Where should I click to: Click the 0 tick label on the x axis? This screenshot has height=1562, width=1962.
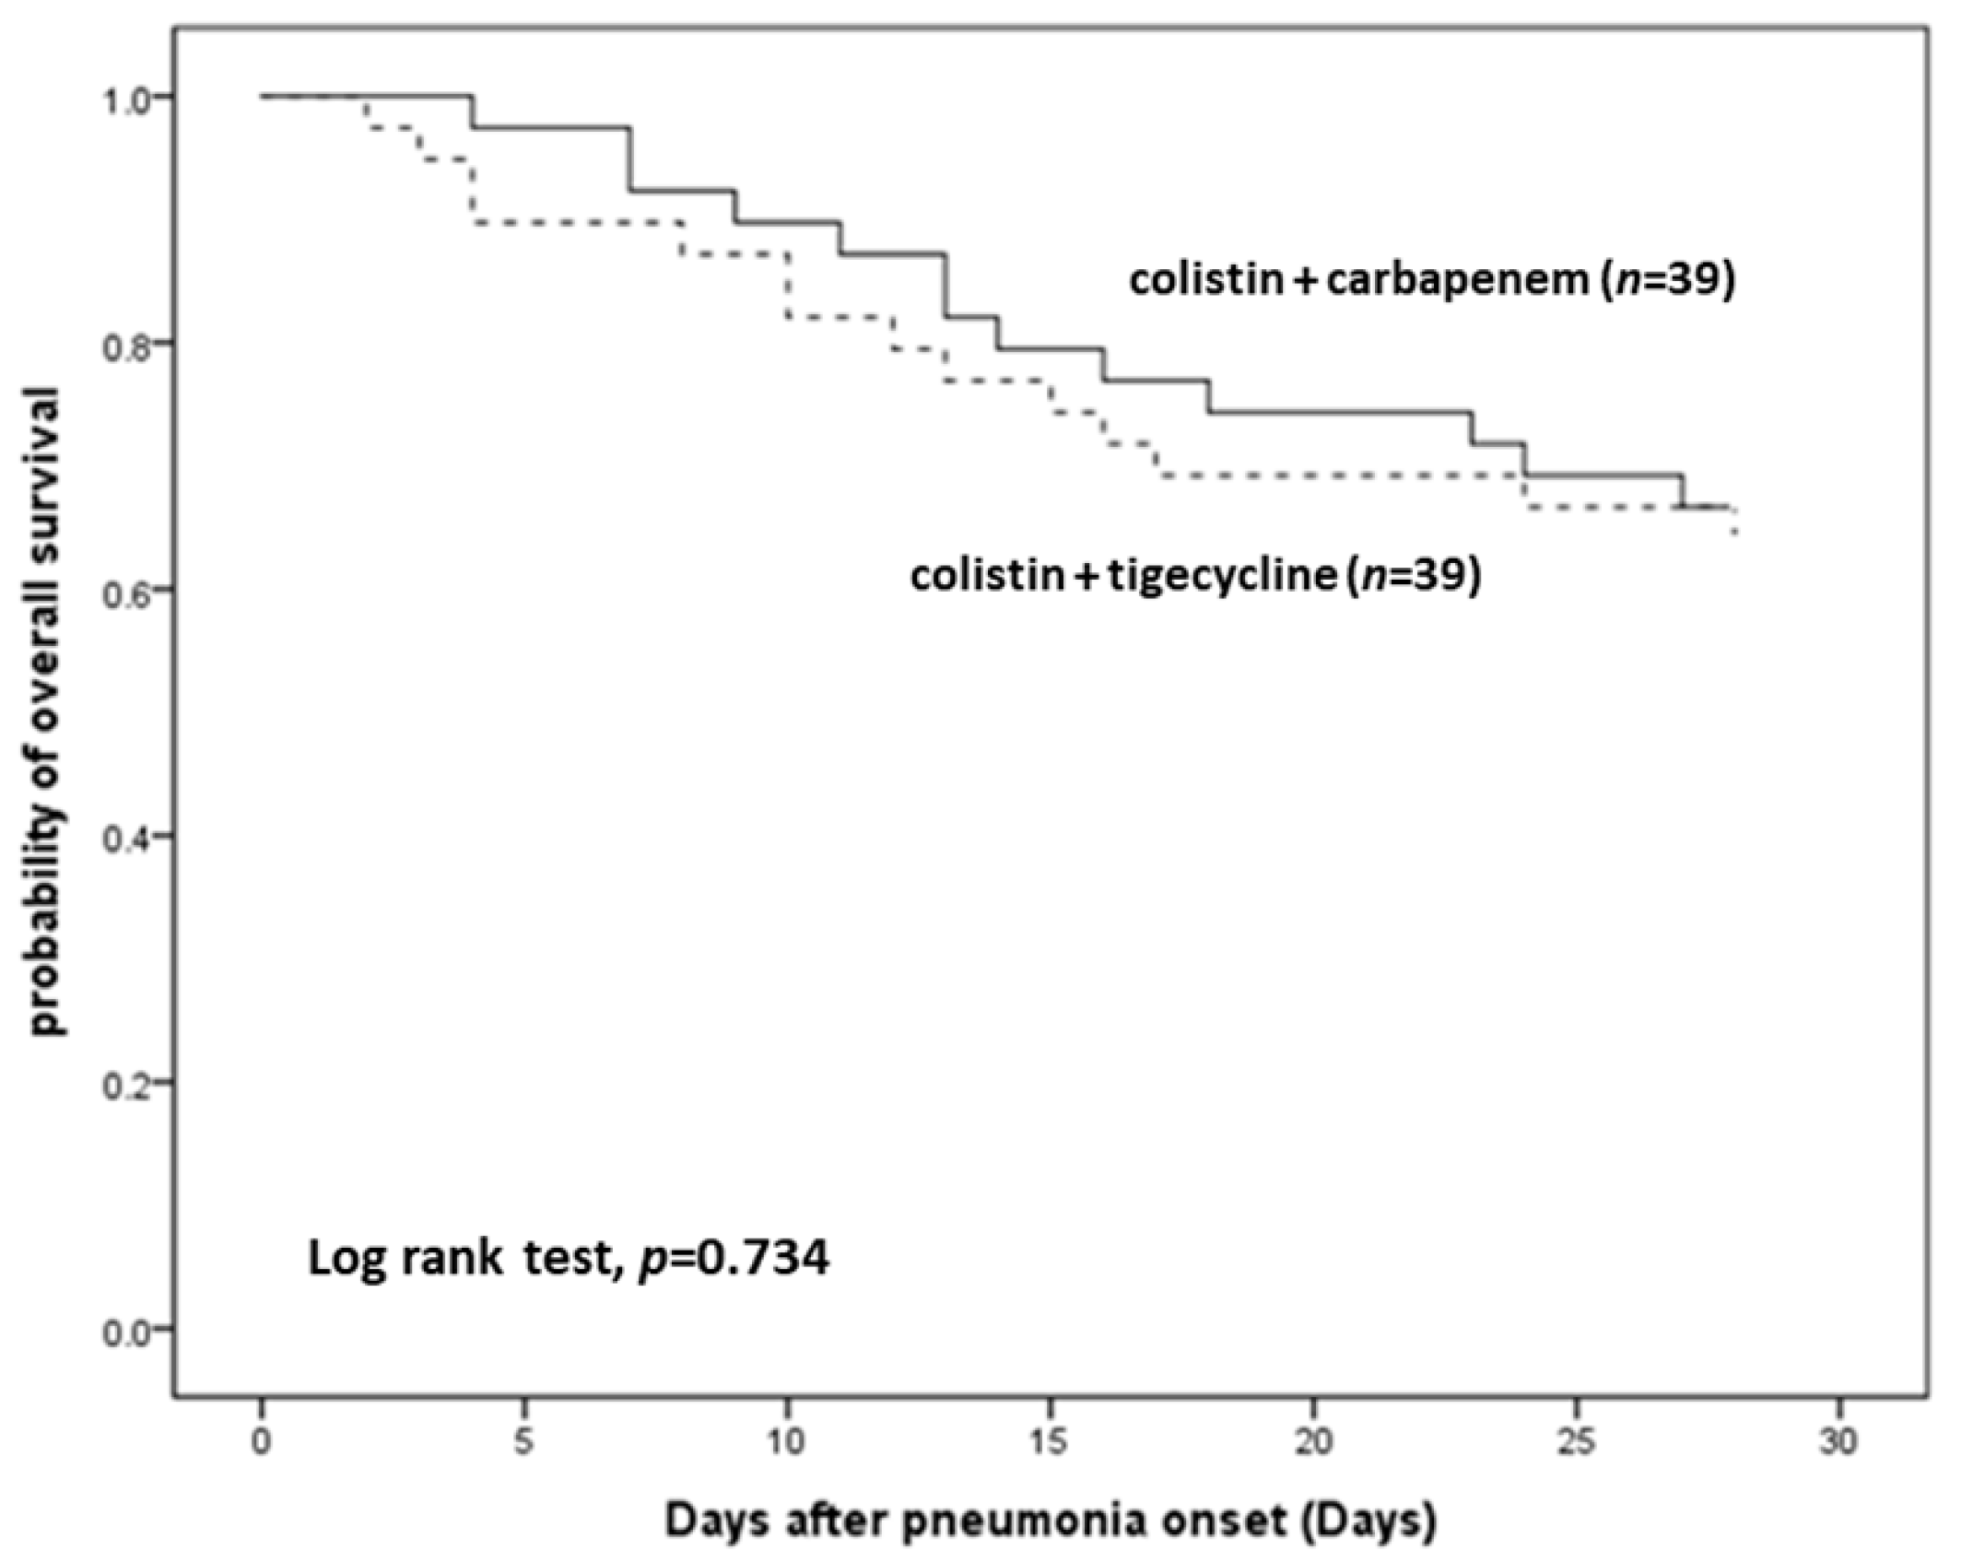(262, 1441)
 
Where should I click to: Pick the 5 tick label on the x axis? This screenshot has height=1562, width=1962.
(524, 1441)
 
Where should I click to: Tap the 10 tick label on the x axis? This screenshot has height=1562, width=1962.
(787, 1441)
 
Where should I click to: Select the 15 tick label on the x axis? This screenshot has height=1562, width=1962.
(1050, 1441)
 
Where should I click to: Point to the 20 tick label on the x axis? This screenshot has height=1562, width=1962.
(1313, 1441)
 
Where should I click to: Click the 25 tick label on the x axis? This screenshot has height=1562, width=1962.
(1576, 1441)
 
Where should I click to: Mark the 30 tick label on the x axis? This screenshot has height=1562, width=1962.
(1839, 1441)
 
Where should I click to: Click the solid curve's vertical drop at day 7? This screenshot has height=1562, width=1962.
(631, 159)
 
